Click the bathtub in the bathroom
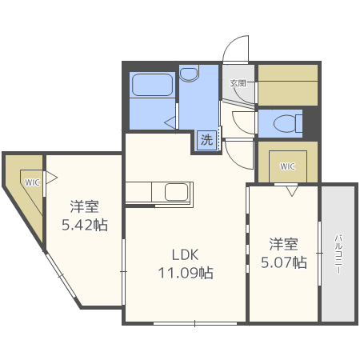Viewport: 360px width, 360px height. point(152,84)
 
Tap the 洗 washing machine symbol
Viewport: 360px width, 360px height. point(207,140)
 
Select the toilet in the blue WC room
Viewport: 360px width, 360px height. point(282,124)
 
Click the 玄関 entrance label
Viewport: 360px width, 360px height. point(238,82)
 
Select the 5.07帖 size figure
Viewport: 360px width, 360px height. point(283,262)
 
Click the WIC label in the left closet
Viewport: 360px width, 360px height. point(31,182)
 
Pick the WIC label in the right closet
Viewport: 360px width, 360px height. point(287,166)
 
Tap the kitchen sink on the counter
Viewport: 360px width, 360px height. point(176,192)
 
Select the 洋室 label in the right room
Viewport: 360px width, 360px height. point(283,243)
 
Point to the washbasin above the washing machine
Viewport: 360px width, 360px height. point(190,74)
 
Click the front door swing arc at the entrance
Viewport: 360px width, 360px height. point(234,50)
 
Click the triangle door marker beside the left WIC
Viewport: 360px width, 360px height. point(50,174)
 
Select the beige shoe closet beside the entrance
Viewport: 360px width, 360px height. point(286,83)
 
